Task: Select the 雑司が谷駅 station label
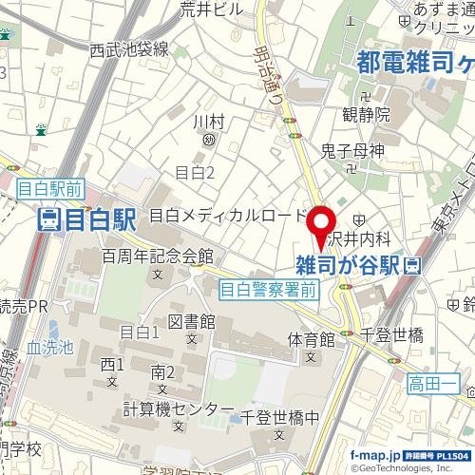point(347,262)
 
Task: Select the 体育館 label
point(312,338)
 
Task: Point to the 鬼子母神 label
point(351,150)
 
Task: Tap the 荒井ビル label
point(212,9)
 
